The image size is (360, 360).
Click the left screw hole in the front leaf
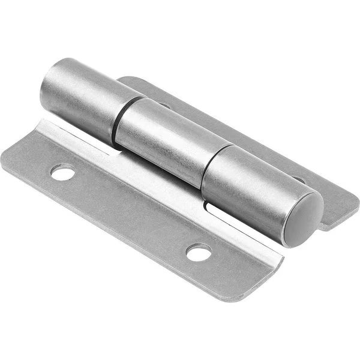pos(62,173)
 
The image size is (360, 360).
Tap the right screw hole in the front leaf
pos(199,252)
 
